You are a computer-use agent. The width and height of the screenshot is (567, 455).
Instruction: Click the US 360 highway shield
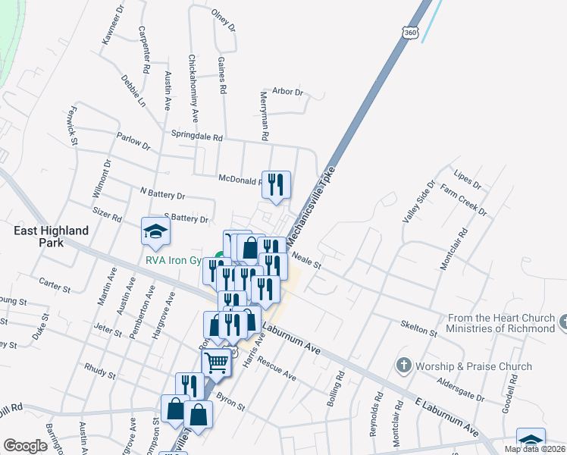pyautogui.click(x=409, y=33)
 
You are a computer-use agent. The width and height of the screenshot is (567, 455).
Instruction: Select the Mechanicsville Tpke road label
pyautogui.click(x=311, y=201)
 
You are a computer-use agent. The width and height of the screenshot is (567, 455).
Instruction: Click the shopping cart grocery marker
pyautogui.click(x=216, y=364)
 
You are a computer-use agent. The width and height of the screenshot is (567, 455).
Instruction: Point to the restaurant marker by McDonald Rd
pyautogui.click(x=276, y=184)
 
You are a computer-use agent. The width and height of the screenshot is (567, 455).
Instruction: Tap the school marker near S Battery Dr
pyautogui.click(x=155, y=232)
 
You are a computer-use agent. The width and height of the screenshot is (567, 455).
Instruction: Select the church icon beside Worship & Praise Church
pyautogui.click(x=403, y=366)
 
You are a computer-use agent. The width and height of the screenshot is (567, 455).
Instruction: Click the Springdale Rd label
pyautogui.click(x=196, y=138)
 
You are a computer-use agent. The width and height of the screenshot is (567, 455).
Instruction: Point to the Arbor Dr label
pyautogui.click(x=287, y=92)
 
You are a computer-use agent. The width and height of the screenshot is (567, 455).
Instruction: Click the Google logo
pyautogui.click(x=25, y=446)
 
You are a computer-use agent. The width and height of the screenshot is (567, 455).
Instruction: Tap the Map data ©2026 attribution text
pyautogui.click(x=534, y=449)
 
